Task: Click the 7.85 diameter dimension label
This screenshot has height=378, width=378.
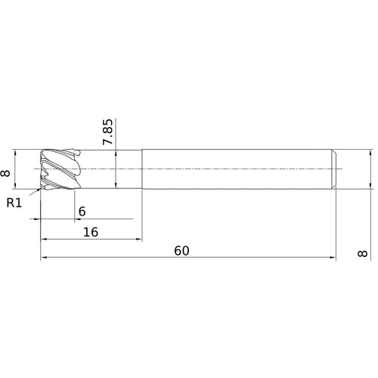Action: coord(107,132)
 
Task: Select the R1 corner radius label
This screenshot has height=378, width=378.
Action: coord(14,203)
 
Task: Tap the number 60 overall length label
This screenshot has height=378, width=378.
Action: coord(181,251)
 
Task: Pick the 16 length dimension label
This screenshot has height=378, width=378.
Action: coord(91,232)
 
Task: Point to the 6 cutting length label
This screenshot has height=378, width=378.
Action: coord(82,212)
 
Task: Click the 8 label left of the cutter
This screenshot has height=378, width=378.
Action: coord(5,173)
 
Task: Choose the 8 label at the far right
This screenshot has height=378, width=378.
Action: coord(362,253)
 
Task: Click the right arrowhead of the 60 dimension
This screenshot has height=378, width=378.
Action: coord(333,258)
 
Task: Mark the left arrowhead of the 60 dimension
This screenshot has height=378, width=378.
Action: coord(44,258)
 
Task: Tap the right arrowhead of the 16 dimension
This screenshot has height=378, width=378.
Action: coord(139,239)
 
